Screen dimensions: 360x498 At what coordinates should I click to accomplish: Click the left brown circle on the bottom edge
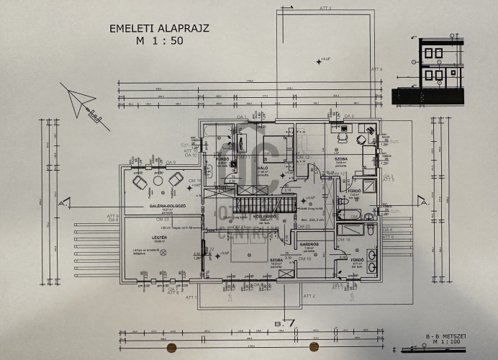pyautogui.click(x=171, y=348)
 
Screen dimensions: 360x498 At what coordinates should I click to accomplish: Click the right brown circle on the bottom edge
pyautogui.click(x=314, y=348)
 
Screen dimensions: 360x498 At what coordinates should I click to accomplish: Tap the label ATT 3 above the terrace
pyautogui.click(x=324, y=8)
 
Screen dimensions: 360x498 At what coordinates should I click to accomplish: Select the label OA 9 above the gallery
pyautogui.click(x=171, y=163)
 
